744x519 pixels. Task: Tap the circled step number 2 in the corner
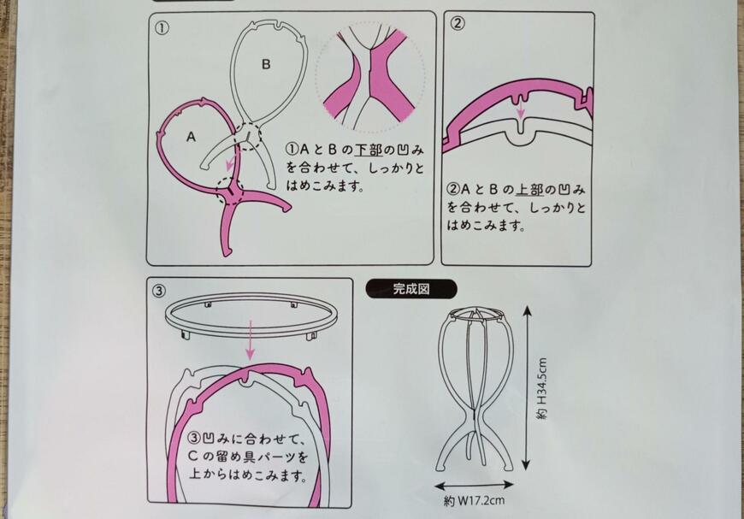point(458,24)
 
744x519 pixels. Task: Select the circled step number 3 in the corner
point(159,290)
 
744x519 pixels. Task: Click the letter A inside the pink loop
point(190,136)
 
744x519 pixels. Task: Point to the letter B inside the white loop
point(266,63)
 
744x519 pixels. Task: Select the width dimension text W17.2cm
point(478,501)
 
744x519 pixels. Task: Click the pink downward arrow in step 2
point(520,109)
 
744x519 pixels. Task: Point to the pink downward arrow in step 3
point(251,339)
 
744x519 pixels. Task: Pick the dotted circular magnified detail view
point(369,79)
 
